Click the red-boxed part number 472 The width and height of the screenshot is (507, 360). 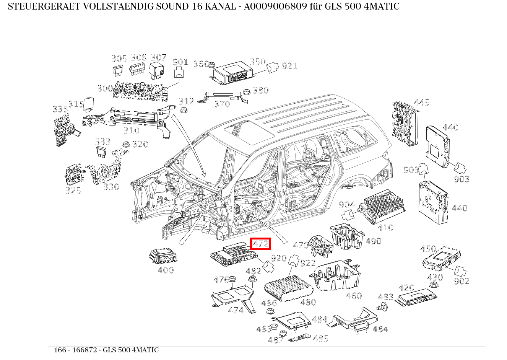click(x=260, y=243)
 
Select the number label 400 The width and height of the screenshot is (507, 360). click(x=166, y=270)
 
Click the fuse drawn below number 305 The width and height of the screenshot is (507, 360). click(x=118, y=70)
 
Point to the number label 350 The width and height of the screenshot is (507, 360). click(x=257, y=62)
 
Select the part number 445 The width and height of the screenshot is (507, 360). click(x=421, y=103)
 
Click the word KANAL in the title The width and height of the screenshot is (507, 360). click(x=211, y=7)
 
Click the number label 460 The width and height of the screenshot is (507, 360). click(x=353, y=296)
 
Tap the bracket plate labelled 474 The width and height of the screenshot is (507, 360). click(x=233, y=296)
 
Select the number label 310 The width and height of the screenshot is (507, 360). click(x=131, y=130)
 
